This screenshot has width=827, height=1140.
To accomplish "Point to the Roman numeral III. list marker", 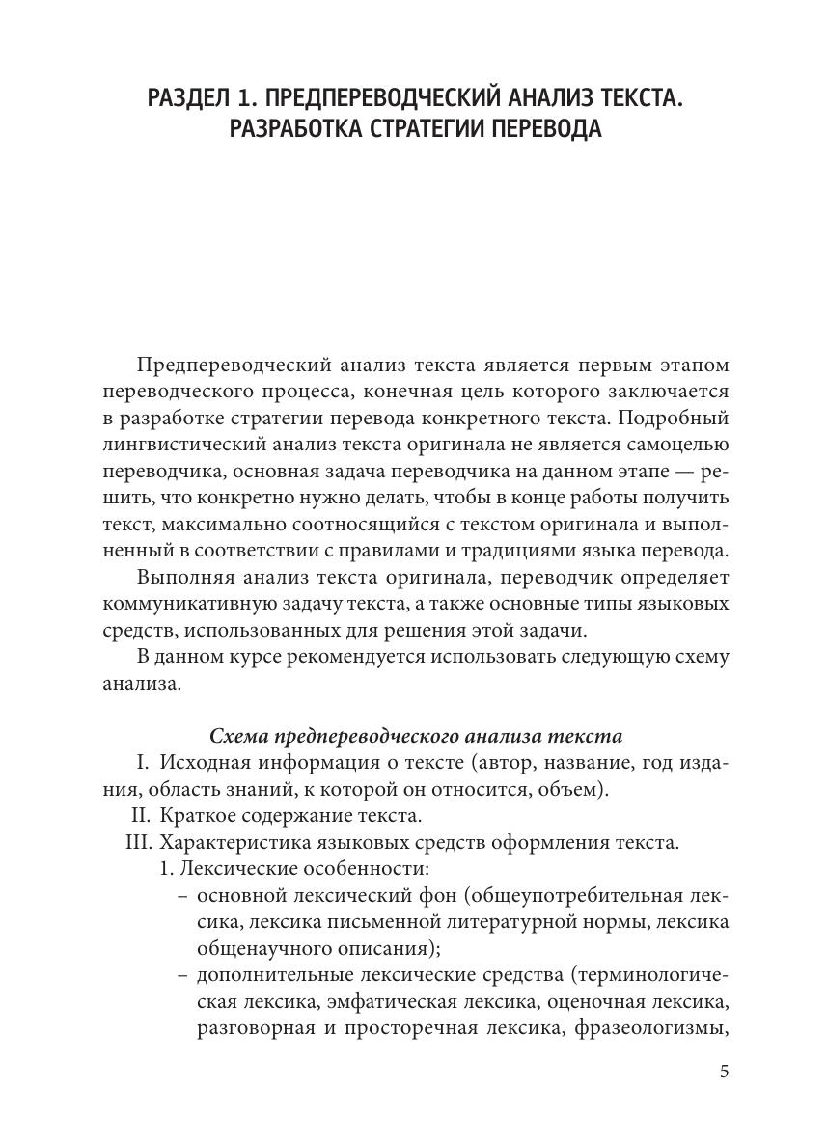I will coord(139,842).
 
